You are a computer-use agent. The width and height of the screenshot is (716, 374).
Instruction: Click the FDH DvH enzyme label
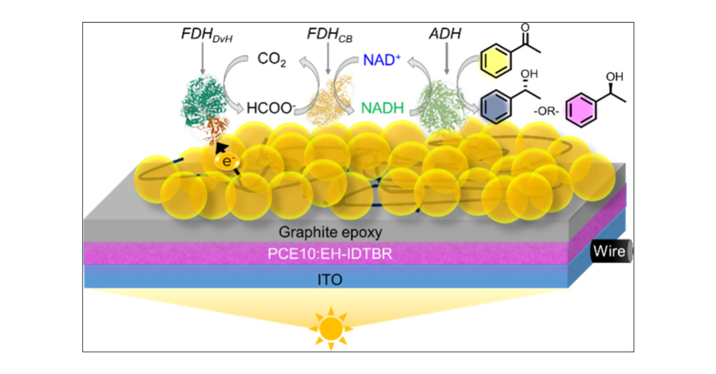207,35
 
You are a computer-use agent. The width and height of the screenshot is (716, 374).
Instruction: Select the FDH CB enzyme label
329,35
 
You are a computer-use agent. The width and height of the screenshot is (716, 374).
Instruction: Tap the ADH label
445,34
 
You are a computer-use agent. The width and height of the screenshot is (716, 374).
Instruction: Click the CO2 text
271,59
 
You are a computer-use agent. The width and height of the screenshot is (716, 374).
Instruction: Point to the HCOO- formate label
271,108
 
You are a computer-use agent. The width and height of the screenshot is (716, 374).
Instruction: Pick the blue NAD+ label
381,60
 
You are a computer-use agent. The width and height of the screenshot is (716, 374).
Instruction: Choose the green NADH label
382,108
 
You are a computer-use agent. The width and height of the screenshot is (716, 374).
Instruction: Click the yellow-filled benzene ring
495,61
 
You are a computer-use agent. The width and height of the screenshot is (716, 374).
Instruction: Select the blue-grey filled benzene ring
495,106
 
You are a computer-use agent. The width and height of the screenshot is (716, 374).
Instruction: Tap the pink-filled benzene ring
581,110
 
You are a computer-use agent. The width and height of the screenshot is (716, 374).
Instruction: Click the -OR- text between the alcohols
546,111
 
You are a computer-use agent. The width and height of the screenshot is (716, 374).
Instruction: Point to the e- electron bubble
227,162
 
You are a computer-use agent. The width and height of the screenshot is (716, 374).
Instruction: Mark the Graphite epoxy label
330,232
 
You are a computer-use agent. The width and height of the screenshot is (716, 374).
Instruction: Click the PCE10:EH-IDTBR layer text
330,254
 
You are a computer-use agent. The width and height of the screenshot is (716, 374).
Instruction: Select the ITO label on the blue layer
330,280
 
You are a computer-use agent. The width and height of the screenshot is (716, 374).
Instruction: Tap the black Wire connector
610,251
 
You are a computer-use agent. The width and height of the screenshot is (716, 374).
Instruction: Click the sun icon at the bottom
331,328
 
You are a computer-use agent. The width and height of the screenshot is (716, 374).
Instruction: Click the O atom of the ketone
525,28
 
